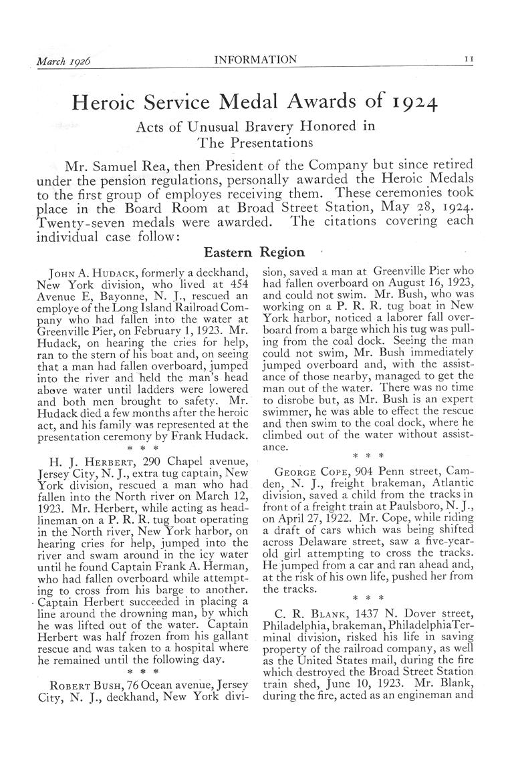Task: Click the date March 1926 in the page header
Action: click(x=63, y=61)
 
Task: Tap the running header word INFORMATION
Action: click(x=255, y=60)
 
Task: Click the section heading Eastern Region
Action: click(x=253, y=252)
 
